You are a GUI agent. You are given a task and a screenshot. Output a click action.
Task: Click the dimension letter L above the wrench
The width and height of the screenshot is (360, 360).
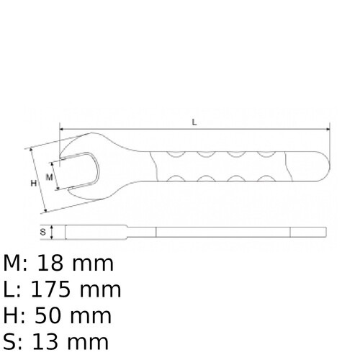point(194,122)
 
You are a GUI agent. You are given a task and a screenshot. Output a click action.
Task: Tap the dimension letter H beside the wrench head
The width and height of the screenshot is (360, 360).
point(33,184)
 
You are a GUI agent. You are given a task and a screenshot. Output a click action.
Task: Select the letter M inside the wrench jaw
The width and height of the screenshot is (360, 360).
point(50,176)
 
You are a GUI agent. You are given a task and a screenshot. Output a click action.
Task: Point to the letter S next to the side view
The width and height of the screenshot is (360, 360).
point(42,233)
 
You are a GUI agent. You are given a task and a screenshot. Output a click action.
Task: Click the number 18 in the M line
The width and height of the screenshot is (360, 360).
point(57,264)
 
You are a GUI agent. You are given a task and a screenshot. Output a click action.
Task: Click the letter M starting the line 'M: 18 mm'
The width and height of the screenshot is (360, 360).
point(13,264)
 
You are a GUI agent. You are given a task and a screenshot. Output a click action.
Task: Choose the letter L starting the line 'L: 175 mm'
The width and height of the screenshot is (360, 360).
point(9,290)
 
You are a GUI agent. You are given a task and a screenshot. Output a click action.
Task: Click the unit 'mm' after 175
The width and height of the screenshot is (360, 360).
point(100,290)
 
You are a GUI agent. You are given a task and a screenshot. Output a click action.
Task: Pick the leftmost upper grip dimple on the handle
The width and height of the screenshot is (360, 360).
point(174,153)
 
